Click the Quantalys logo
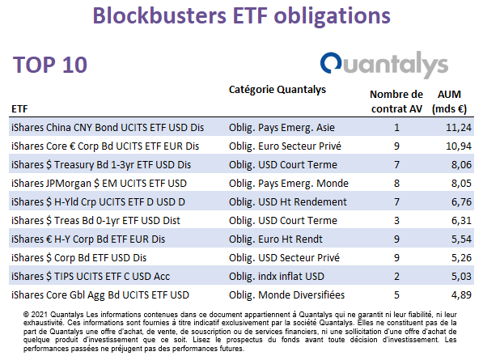[384, 65]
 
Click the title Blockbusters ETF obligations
[241, 16]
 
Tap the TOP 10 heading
[50, 65]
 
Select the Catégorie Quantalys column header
[278, 90]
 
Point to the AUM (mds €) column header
[449, 101]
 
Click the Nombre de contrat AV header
[396, 101]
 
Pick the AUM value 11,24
[459, 128]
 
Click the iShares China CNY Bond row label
[108, 128]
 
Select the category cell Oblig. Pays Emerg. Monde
[289, 184]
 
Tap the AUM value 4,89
[461, 295]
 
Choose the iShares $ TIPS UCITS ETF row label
[91, 277]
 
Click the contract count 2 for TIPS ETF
[396, 277]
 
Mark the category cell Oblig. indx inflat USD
[277, 277]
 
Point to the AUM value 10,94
[459, 146]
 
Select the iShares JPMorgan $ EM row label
[99, 184]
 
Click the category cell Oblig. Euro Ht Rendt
[275, 239]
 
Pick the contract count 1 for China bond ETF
[396, 128]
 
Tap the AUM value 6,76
[461, 202]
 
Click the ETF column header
[19, 109]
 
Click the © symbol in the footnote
[26, 315]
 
